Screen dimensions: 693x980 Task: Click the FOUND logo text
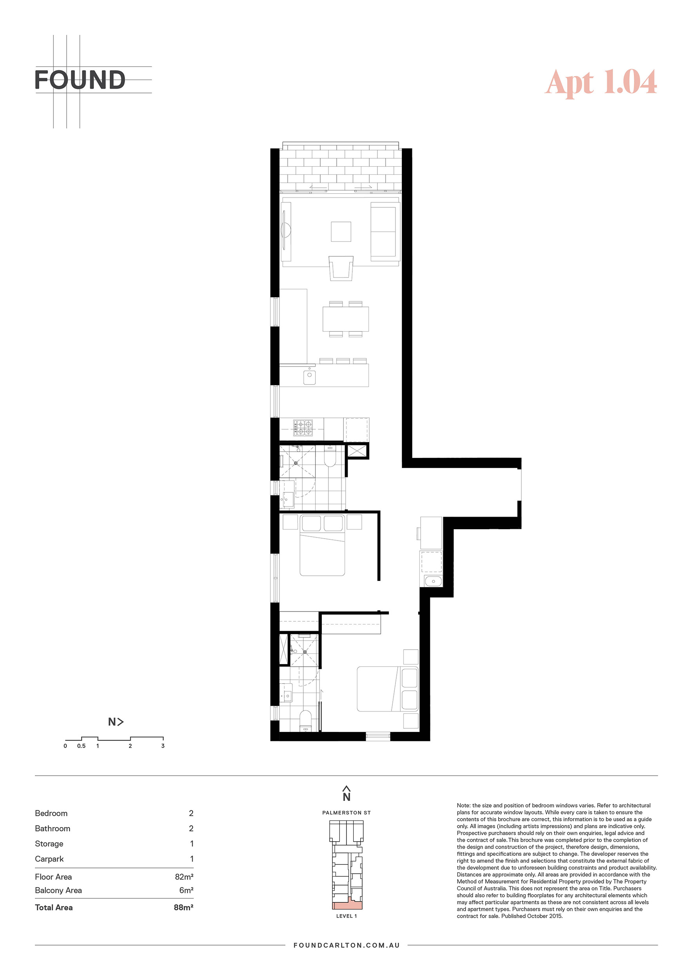tap(80, 80)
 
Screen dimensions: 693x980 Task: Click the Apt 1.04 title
tap(601, 82)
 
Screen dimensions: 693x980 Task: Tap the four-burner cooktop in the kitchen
tap(303, 428)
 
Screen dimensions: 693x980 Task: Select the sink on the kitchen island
tap(309, 377)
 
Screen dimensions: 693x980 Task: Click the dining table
tap(346, 319)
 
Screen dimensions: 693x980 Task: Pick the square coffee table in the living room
tap(341, 232)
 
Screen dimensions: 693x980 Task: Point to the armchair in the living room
tap(341, 268)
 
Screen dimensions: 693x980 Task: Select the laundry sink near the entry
tap(433, 581)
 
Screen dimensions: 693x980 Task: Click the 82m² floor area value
tap(184, 877)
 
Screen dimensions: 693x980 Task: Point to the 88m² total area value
tap(183, 907)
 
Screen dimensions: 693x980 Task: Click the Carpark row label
tap(49, 859)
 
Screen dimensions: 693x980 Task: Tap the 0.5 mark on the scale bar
tap(81, 746)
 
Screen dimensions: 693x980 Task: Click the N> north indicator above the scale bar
tap(116, 722)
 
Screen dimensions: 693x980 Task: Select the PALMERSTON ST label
tap(346, 813)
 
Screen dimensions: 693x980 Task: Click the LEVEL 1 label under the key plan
tap(346, 916)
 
